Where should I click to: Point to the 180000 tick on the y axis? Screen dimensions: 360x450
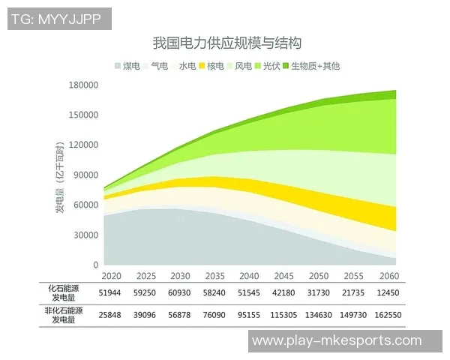click(x=84, y=85)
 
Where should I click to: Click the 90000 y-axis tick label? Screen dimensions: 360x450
click(x=86, y=175)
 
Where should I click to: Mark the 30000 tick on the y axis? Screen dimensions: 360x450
click(x=86, y=235)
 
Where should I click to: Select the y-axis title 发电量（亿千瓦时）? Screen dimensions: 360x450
click(x=59, y=175)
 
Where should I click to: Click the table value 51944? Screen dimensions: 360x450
click(x=111, y=292)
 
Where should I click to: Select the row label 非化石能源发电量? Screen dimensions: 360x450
click(x=64, y=316)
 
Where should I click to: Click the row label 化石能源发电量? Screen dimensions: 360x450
click(x=65, y=292)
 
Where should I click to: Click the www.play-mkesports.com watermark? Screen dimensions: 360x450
click(x=337, y=341)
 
